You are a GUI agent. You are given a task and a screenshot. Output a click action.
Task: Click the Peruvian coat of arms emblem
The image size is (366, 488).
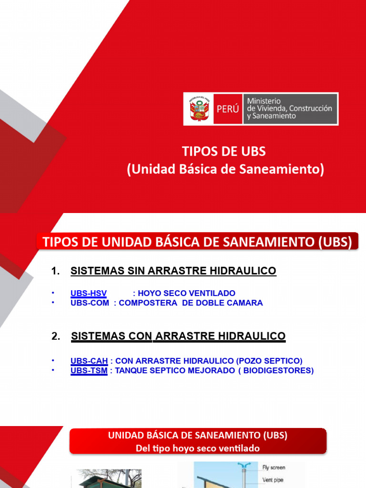click(199, 109)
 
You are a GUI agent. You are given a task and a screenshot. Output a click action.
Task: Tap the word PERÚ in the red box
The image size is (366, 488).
click(227, 109)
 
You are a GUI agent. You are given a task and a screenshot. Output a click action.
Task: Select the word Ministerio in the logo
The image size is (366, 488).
click(264, 101)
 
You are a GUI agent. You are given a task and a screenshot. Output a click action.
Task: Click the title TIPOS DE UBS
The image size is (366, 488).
click(224, 152)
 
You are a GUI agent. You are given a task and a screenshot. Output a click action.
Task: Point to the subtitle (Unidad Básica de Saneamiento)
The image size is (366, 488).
click(225, 169)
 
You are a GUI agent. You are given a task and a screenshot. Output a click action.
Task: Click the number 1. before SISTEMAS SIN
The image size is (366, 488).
click(55, 271)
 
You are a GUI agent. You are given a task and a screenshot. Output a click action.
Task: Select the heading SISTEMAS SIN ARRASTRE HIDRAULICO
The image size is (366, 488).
click(173, 271)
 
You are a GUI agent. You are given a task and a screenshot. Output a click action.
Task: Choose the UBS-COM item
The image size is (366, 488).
click(90, 303)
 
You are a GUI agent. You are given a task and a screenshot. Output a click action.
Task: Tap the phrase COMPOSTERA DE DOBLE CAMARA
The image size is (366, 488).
click(191, 303)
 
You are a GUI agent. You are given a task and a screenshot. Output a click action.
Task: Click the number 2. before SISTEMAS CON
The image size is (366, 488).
click(55, 336)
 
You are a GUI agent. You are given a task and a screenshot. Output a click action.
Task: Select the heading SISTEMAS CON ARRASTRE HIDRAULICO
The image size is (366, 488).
click(178, 336)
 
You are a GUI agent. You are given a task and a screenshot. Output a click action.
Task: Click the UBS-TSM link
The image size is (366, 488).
click(89, 371)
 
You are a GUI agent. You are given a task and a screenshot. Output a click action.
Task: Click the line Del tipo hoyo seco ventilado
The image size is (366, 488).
click(198, 448)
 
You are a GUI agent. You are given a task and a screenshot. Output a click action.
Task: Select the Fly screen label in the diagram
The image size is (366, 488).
click(274, 468)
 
